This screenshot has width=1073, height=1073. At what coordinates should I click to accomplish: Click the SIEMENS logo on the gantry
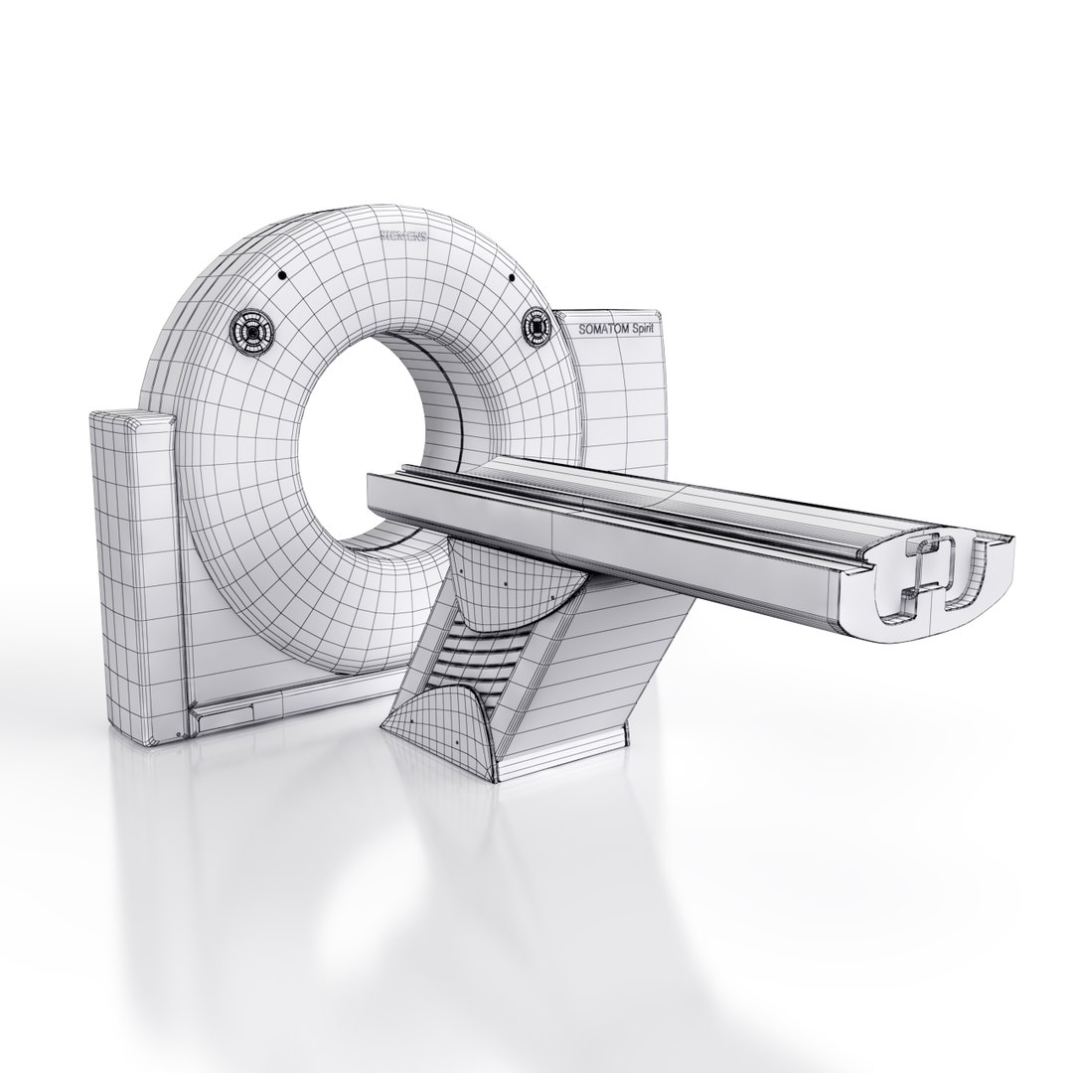click(403, 236)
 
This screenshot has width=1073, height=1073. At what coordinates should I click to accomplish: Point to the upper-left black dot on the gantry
click(283, 275)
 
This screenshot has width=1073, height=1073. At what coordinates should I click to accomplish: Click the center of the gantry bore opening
click(373, 437)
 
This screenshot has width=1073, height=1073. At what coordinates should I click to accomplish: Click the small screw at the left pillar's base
click(177, 735)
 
